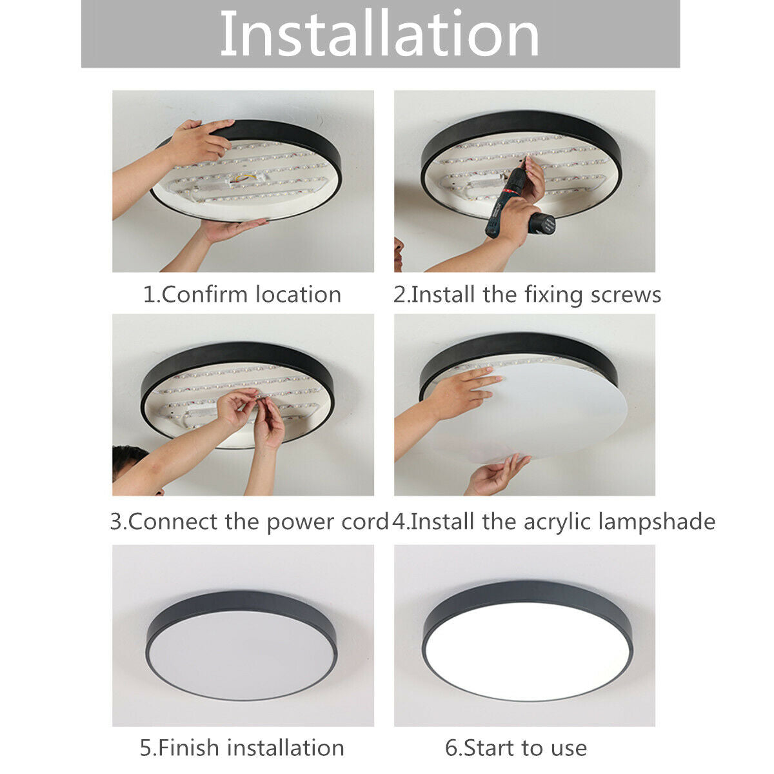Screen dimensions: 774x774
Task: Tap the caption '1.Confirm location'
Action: click(242, 295)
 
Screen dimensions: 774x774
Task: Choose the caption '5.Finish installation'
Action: click(242, 748)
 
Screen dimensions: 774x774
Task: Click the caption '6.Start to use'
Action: click(516, 748)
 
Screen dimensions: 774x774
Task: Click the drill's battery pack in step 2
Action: click(542, 224)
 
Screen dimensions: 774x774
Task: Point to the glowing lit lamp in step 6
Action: click(528, 648)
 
